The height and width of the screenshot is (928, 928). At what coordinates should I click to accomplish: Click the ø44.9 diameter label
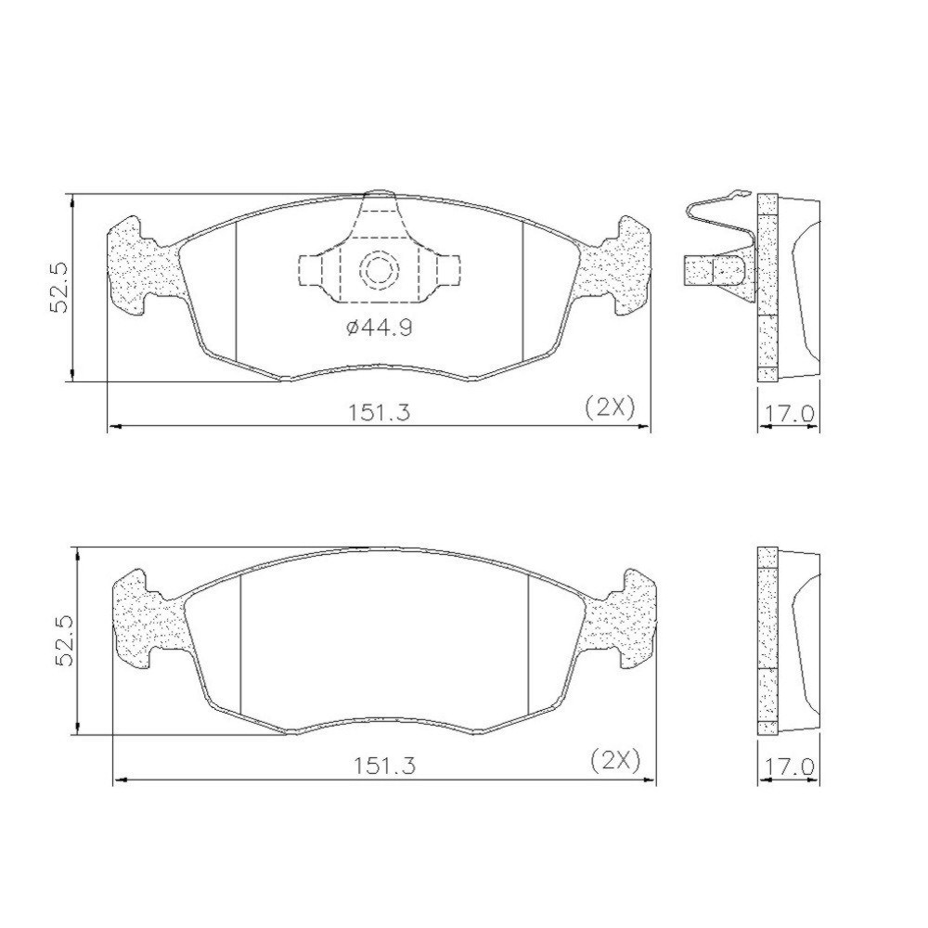(379, 328)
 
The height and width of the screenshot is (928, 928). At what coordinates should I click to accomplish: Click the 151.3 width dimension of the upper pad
(379, 412)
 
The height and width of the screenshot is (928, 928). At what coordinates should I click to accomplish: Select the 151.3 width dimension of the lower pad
(385, 766)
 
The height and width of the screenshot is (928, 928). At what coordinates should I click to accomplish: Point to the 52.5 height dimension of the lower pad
(65, 640)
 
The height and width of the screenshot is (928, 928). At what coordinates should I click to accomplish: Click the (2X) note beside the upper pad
(610, 407)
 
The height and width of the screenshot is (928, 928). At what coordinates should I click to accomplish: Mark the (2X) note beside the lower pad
(615, 761)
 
